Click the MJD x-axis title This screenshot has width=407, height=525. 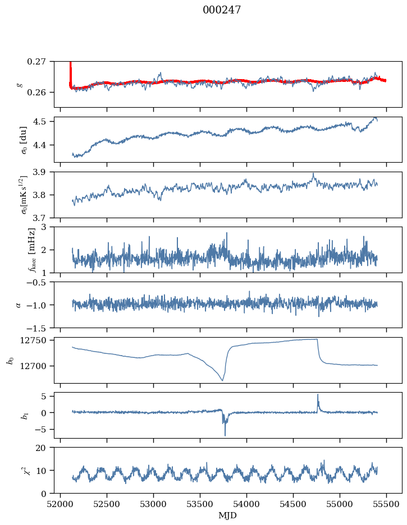[x=227, y=515]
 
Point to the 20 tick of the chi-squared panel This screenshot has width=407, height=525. [x=45, y=448]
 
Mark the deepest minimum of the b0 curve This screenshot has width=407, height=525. [x=222, y=381]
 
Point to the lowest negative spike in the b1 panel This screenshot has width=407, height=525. [x=225, y=435]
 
